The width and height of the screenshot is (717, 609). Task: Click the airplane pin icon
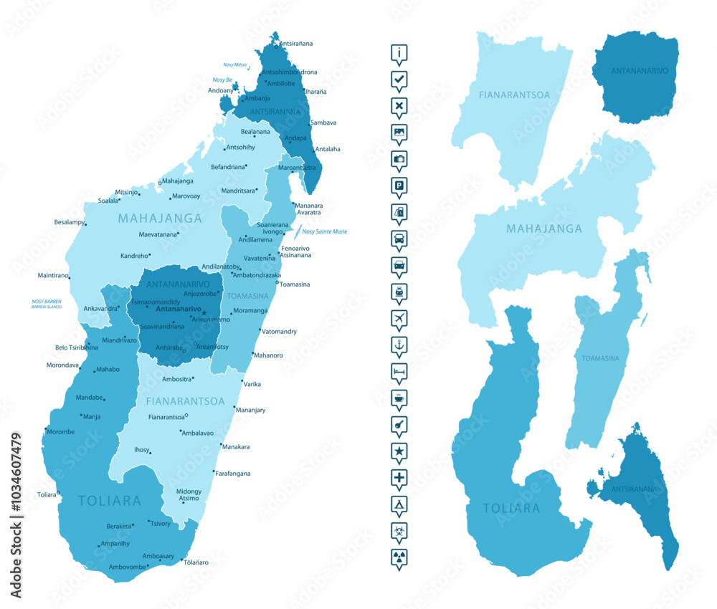(399, 318)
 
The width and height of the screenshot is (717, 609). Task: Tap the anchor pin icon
(399, 345)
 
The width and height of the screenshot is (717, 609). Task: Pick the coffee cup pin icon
(399, 398)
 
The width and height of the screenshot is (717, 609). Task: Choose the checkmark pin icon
(399, 79)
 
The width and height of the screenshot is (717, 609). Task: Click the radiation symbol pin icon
(399, 557)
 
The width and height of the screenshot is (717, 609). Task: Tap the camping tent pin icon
(399, 504)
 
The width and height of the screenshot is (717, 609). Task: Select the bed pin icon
(399, 371)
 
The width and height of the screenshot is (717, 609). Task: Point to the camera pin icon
(399, 158)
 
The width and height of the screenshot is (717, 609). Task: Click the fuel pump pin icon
(399, 211)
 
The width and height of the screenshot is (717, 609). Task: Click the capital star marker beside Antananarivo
(204, 312)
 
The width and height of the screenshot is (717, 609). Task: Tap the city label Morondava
(62, 365)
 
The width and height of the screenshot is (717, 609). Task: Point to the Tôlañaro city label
(194, 562)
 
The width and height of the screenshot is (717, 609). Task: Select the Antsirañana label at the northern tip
(295, 44)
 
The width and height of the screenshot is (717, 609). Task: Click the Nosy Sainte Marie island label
(324, 231)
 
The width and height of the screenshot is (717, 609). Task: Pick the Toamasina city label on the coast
(295, 284)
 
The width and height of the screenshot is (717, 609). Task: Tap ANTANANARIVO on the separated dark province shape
(640, 71)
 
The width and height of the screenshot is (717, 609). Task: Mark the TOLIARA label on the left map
(109, 501)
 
